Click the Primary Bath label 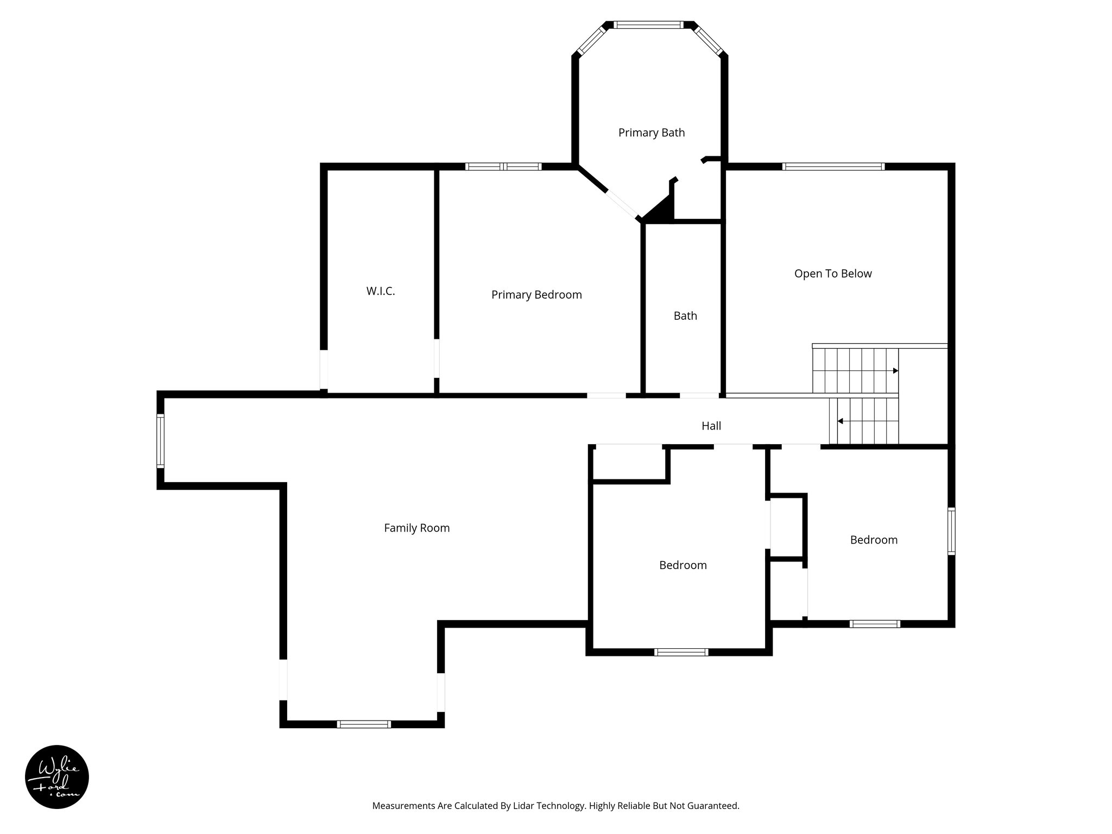click(651, 132)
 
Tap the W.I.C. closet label click(380, 291)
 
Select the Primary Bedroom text click(536, 294)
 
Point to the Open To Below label click(832, 274)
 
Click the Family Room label click(416, 528)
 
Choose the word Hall click(711, 426)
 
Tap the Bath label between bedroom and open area click(685, 316)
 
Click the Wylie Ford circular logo click(56, 777)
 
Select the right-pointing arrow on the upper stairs click(895, 371)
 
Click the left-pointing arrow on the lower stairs click(840, 421)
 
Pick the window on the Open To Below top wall click(833, 167)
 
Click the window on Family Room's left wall click(161, 440)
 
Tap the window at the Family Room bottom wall click(363, 724)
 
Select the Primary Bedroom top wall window click(503, 167)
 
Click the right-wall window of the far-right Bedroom click(951, 531)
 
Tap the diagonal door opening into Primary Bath click(622, 204)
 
